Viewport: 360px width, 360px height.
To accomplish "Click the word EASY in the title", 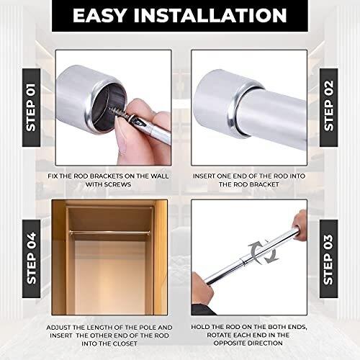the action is (x=99, y=16).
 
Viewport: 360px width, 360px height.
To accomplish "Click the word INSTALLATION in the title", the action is (x=210, y=16).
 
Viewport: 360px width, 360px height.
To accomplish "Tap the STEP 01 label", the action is (x=31, y=107).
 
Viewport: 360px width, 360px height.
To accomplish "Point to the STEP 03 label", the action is (x=328, y=259).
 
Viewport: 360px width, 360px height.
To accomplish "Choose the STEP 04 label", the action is (x=31, y=258).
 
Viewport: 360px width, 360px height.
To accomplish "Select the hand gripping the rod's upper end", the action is (x=300, y=225).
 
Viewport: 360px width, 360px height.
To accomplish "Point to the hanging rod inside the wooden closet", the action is (x=109, y=232).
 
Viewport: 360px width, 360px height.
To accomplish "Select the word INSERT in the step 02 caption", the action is (x=204, y=176).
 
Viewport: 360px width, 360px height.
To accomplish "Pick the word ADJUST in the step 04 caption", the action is (x=58, y=328).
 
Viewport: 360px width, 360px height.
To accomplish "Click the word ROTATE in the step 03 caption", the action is (x=219, y=335).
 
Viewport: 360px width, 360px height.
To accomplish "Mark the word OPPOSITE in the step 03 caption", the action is (x=230, y=343).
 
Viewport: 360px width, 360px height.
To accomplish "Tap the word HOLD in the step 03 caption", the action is (x=199, y=327).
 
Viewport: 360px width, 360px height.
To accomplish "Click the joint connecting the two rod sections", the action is (x=244, y=261).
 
